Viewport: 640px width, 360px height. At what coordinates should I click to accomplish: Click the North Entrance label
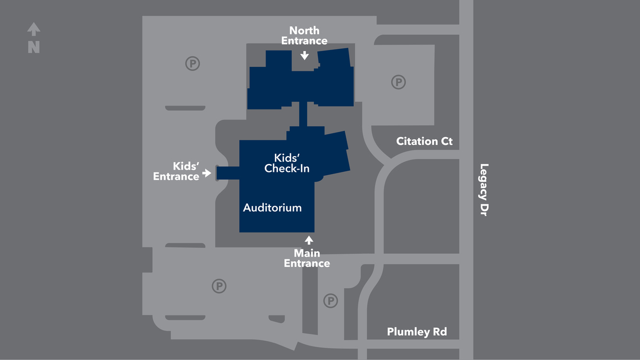[x=304, y=35]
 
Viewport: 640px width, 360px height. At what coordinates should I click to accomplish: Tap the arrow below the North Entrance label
[x=304, y=55]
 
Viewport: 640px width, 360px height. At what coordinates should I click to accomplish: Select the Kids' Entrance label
[x=177, y=171]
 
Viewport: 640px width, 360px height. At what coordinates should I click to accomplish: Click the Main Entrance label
[x=307, y=258]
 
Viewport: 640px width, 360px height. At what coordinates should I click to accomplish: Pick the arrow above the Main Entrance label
[x=308, y=240]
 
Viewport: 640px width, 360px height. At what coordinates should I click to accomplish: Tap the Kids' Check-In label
[x=287, y=163]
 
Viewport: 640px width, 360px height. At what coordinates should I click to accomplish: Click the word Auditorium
[x=272, y=208]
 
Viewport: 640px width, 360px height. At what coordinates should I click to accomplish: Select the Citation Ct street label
[x=424, y=141]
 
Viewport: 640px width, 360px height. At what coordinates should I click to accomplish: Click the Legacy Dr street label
[x=484, y=190]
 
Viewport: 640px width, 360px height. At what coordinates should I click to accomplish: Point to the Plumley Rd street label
[x=417, y=332]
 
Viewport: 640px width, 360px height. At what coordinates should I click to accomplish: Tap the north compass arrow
[x=34, y=29]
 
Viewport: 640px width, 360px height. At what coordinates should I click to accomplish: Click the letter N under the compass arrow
[x=34, y=48]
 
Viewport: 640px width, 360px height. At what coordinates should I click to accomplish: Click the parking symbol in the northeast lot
[x=398, y=83]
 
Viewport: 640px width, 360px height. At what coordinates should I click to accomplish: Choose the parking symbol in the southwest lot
[x=219, y=286]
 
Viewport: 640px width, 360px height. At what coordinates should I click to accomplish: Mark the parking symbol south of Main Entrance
[x=331, y=301]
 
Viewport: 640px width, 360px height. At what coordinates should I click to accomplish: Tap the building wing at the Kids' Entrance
[x=227, y=173]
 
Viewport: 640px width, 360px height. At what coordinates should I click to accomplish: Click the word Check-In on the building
[x=287, y=168]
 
